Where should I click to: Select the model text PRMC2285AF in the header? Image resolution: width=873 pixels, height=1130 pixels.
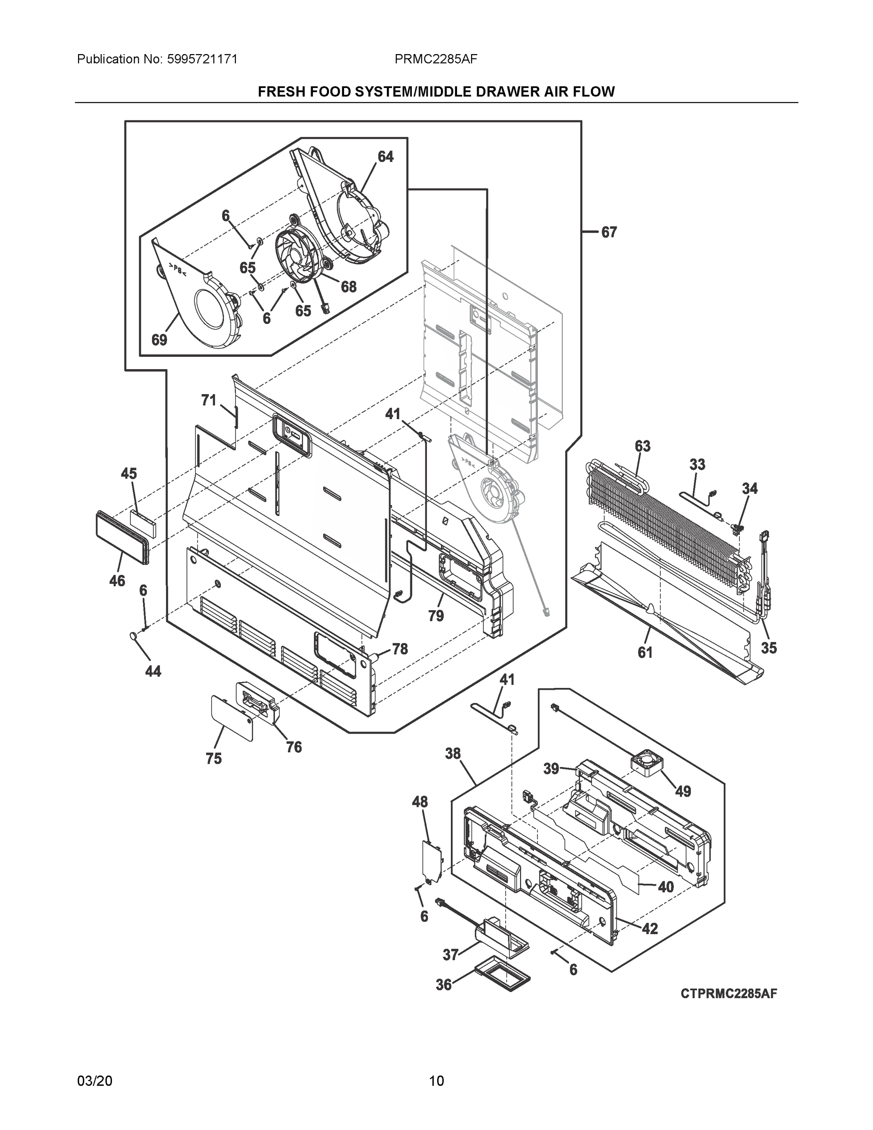point(435,59)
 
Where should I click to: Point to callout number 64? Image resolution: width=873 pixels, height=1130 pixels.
point(385,157)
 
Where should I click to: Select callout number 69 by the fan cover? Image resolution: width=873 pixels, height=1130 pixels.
point(159,340)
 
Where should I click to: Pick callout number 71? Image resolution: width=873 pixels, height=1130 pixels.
point(208,400)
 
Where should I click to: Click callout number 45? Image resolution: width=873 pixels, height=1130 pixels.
point(129,473)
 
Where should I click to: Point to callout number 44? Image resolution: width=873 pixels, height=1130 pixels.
point(153,671)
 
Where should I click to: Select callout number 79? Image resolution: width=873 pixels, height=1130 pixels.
point(436,616)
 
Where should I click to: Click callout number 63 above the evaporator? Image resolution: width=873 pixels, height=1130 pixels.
point(642,446)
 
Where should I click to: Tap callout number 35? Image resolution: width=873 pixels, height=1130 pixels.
point(769,647)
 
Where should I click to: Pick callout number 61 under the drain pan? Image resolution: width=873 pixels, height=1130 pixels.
point(645,653)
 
